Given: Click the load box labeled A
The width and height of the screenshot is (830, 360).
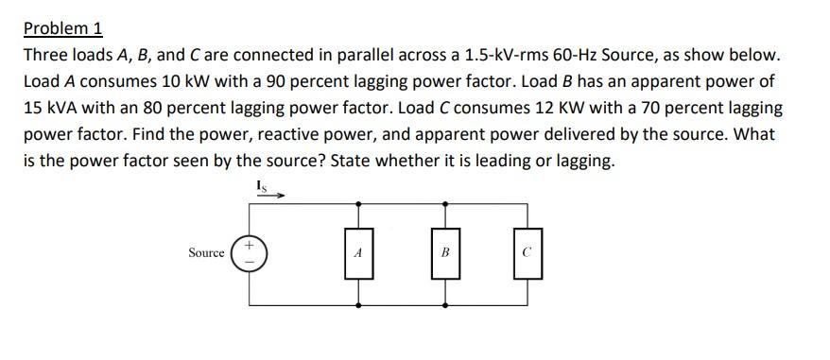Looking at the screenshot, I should (358, 253).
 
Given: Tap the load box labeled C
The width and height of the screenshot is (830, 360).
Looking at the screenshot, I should (528, 253).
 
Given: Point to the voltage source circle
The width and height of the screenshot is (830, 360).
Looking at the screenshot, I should (250, 253).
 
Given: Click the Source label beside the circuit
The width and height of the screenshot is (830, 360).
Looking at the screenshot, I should (206, 253).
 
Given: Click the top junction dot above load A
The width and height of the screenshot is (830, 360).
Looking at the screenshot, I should (358, 202).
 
